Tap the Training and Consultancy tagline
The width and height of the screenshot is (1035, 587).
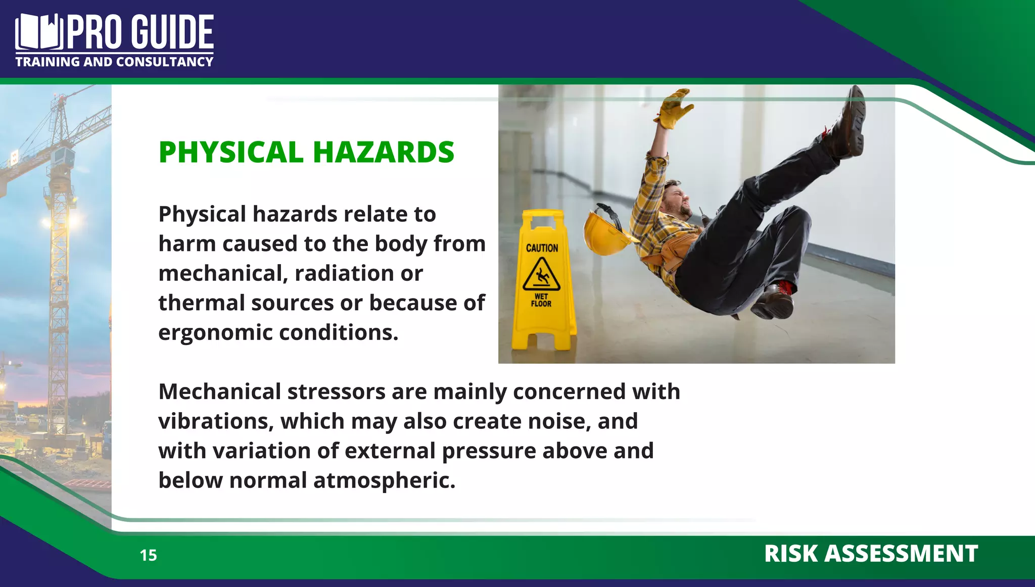(114, 62)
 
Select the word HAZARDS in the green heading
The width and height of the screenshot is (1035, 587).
(384, 152)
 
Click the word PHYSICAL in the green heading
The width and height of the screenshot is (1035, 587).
(231, 152)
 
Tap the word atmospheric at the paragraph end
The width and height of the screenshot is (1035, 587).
(384, 480)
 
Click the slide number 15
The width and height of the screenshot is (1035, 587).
(149, 555)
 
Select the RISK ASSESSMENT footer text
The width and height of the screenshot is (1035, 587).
(871, 554)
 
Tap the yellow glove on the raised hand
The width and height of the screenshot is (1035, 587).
(675, 109)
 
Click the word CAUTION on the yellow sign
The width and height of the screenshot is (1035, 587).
(542, 248)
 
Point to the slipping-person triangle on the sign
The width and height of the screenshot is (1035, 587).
(541, 275)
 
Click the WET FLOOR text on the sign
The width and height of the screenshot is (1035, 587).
(541, 300)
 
